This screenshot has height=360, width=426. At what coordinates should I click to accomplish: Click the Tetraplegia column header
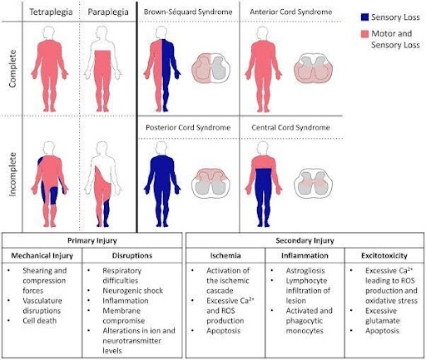coord(51,12)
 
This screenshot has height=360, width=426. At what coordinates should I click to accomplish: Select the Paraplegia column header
coord(108,12)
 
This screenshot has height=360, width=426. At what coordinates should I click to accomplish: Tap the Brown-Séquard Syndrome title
coord(188,12)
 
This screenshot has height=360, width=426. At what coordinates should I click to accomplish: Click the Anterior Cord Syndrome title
coord(291,12)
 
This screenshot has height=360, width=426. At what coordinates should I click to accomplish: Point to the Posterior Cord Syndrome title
coord(188,127)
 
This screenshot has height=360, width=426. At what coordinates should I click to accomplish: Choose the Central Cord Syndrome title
coord(290,127)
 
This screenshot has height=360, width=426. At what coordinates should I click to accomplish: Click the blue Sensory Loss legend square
coord(364,17)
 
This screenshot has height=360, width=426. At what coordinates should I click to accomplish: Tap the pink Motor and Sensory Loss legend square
coord(364,34)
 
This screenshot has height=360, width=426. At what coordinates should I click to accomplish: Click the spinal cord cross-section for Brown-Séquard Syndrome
coord(211,68)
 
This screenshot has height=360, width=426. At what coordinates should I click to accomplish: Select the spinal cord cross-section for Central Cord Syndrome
coord(314,183)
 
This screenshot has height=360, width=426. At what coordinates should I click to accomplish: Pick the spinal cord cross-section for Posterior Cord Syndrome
coord(211,183)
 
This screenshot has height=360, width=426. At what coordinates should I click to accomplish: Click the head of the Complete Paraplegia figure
coord(102,32)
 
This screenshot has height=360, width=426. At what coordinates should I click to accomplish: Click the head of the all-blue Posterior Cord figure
coord(161,148)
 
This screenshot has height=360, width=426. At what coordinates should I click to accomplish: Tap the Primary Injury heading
coord(92,240)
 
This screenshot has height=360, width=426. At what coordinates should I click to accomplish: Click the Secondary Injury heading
coord(305,240)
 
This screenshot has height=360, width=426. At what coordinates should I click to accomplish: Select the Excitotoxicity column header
coord(384,255)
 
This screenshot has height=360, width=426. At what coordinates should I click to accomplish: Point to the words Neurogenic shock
coord(133,290)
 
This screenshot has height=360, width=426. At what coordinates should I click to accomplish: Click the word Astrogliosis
coord(305,270)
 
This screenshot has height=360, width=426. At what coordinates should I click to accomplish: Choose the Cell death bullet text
coord(40,321)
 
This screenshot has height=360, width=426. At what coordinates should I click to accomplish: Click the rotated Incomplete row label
coord(12,175)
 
